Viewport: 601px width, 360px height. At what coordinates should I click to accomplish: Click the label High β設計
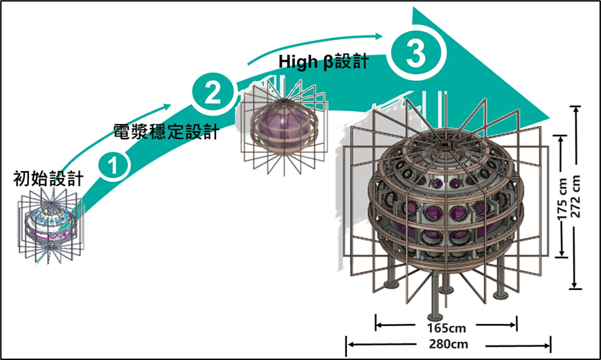323,62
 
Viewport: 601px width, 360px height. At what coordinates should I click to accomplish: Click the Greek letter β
329,62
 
